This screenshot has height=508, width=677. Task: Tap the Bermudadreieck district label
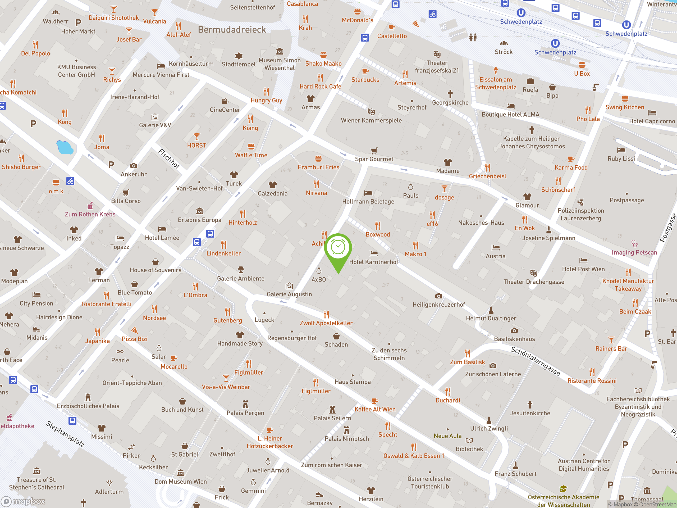(232, 30)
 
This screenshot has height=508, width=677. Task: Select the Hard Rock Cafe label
(320, 86)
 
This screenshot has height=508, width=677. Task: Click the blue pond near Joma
(65, 147)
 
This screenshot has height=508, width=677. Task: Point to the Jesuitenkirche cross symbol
(530, 404)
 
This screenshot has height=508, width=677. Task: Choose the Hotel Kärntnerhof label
(374, 262)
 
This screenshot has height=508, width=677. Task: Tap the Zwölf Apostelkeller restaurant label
(326, 323)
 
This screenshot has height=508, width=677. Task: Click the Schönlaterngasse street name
(535, 361)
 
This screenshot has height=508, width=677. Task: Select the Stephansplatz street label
(65, 434)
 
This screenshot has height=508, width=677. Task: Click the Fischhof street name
(169, 158)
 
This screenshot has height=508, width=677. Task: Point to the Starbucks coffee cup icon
(365, 71)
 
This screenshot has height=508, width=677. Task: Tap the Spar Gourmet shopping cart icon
(374, 151)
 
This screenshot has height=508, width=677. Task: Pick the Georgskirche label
(450, 103)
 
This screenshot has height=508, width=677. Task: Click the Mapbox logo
(23, 501)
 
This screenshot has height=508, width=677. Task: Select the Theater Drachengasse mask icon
(533, 273)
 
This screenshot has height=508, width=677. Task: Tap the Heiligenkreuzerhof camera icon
(438, 296)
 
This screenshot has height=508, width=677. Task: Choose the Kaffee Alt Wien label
(375, 409)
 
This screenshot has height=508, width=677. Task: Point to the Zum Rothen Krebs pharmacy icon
(90, 206)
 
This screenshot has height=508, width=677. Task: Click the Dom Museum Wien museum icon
(181, 473)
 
